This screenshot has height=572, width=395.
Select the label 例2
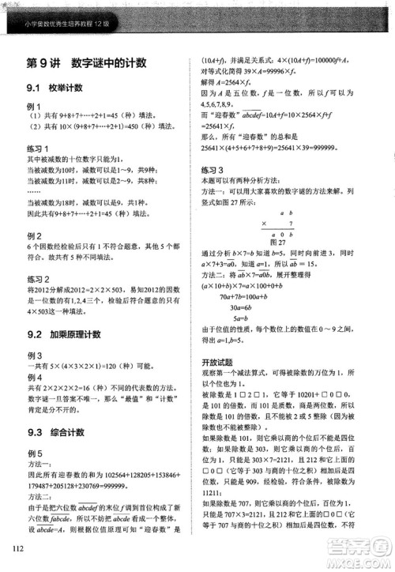[34, 236]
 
